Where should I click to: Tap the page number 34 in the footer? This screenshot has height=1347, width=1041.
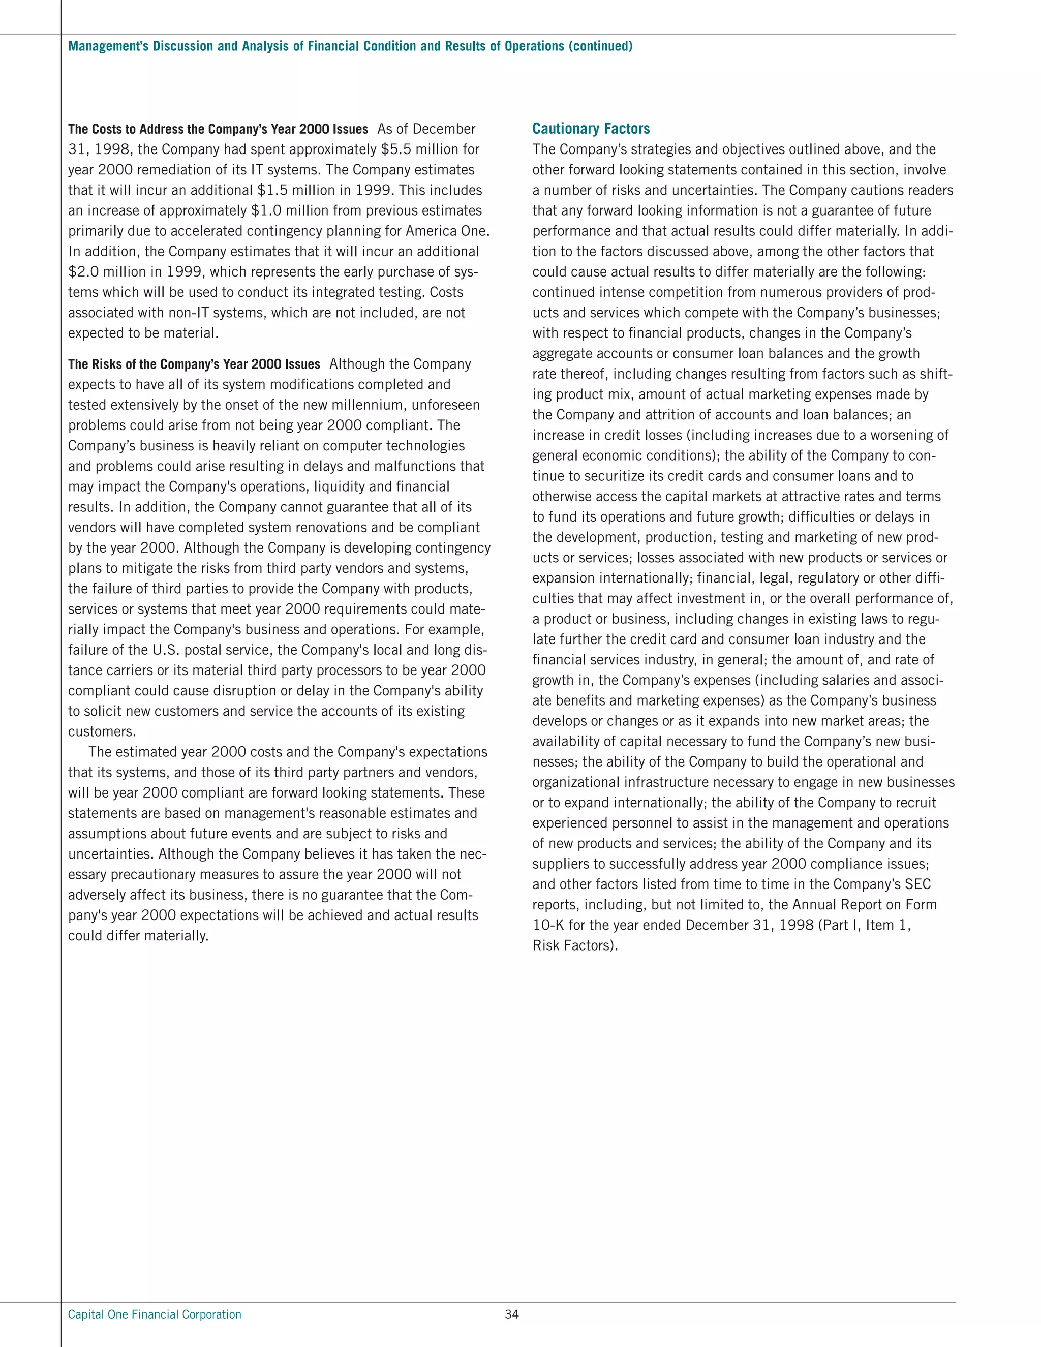(511, 1314)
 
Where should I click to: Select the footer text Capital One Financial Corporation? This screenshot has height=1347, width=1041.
(155, 1314)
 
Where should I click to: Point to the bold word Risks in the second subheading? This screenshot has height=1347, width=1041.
(107, 364)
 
